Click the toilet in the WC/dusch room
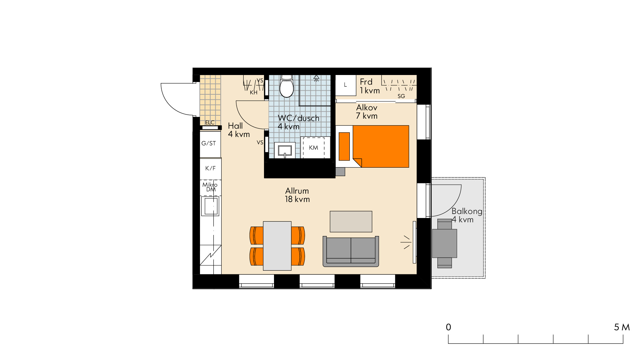pyautogui.click(x=286, y=86)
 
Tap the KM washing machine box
pyautogui.click(x=313, y=147)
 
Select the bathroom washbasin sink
pyautogui.click(x=285, y=150)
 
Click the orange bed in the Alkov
pyautogui.click(x=381, y=146)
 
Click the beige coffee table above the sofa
pyautogui.click(x=351, y=221)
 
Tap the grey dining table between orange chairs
pyautogui.click(x=277, y=246)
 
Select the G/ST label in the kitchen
pyautogui.click(x=209, y=143)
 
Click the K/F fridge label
pyautogui.click(x=210, y=168)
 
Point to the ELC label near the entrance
pyautogui.click(x=210, y=123)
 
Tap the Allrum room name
pyautogui.click(x=297, y=191)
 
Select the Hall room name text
pyautogui.click(x=235, y=126)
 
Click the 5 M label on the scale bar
pyautogui.click(x=622, y=327)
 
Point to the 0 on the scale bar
pyautogui.click(x=449, y=327)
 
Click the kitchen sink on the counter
pyautogui.click(x=211, y=206)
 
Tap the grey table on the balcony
pyautogui.click(x=445, y=243)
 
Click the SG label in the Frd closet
pyautogui.click(x=401, y=96)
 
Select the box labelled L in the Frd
pyautogui.click(x=346, y=85)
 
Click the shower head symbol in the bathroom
pyautogui.click(x=316, y=78)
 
